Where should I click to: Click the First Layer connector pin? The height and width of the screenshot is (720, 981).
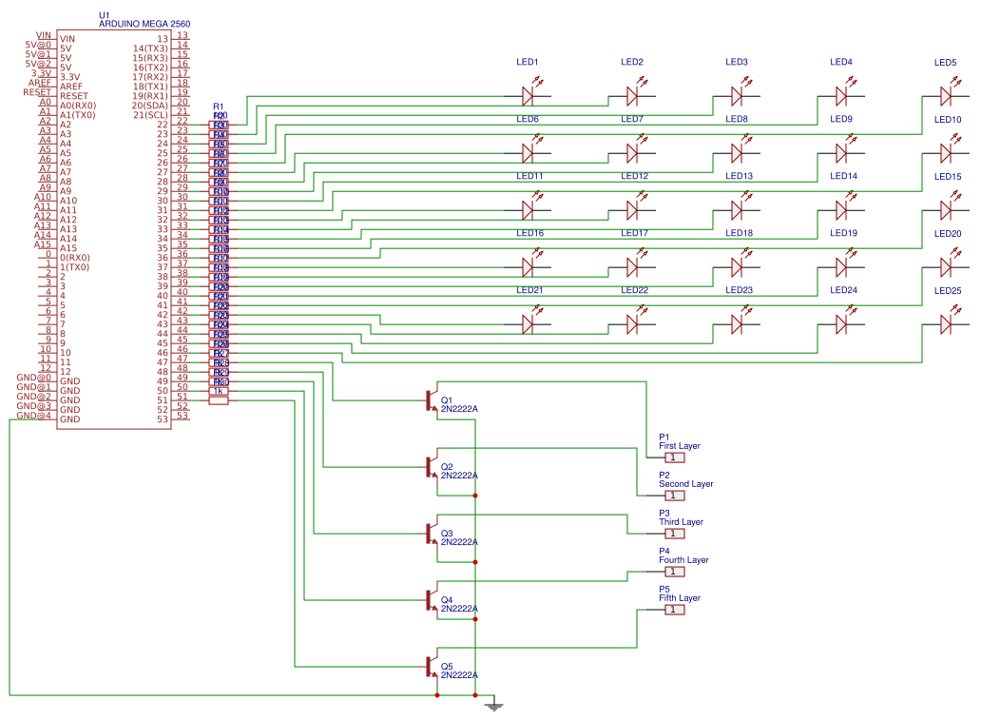(x=674, y=457)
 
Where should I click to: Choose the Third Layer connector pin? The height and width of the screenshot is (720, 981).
(x=674, y=534)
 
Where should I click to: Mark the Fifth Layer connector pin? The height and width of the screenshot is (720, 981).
(x=674, y=610)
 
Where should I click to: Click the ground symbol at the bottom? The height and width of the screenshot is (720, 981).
(x=492, y=705)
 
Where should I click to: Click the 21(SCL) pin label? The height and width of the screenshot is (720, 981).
(x=150, y=115)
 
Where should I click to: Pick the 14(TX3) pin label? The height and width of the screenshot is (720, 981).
(x=150, y=49)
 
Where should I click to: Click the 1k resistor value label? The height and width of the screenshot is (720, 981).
(x=218, y=391)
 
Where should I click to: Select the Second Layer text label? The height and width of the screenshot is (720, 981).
(x=685, y=484)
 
